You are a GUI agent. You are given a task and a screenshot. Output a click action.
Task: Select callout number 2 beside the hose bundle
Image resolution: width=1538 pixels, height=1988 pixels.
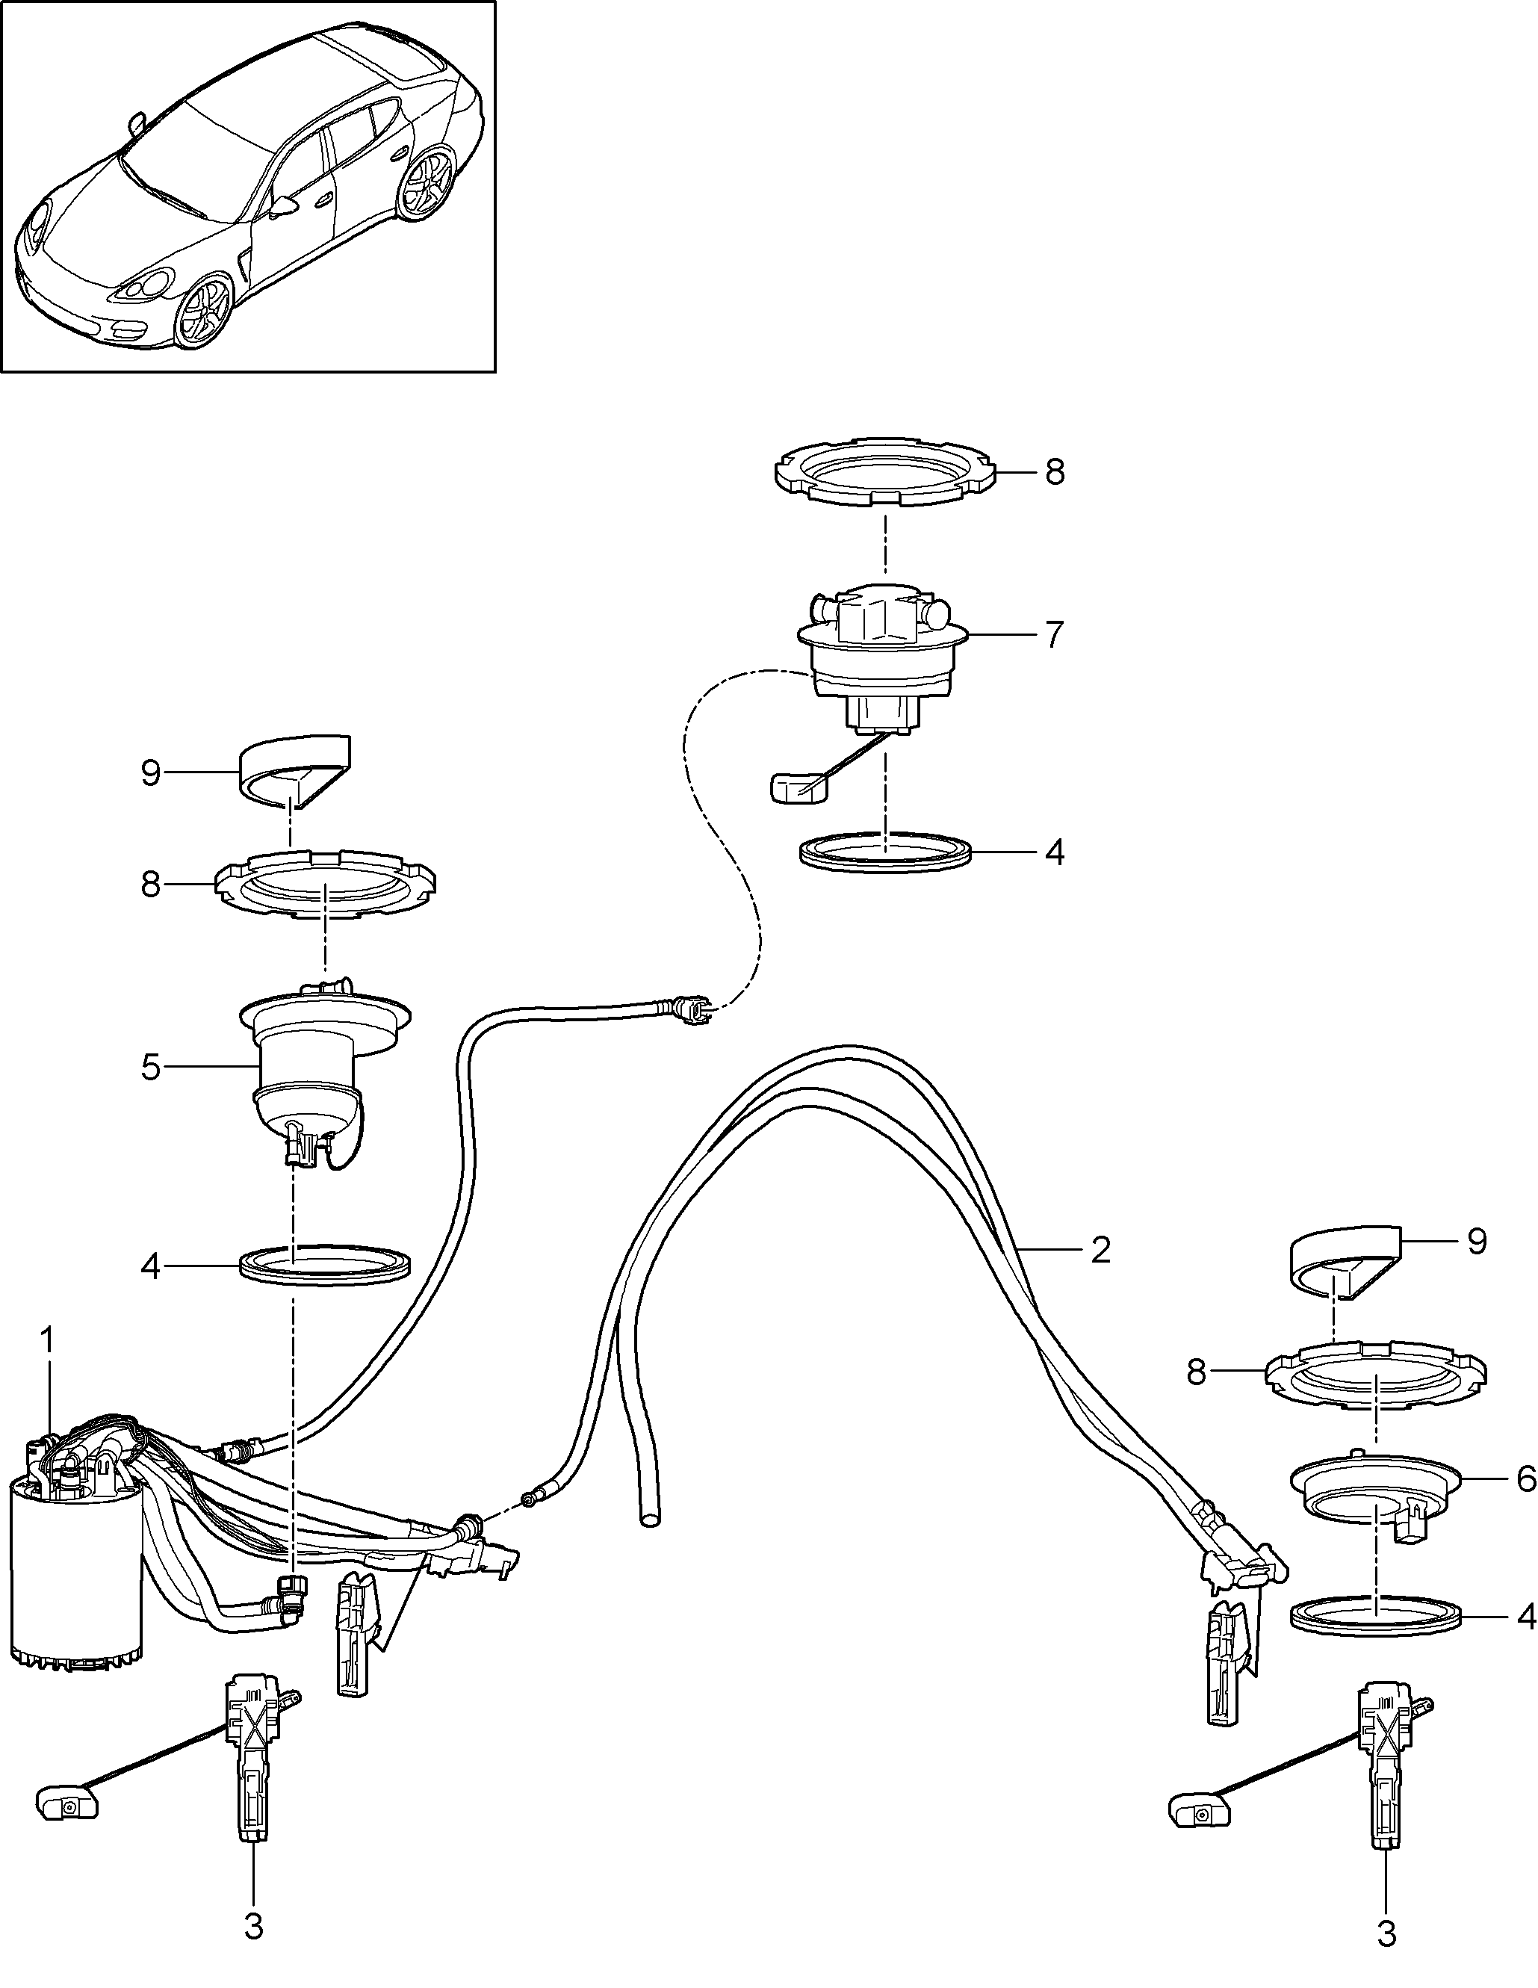1100,1251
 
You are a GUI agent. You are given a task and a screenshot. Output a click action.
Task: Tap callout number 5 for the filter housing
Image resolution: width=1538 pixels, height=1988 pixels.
151,1067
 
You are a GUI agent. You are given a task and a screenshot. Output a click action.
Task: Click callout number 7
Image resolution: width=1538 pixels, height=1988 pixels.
1054,634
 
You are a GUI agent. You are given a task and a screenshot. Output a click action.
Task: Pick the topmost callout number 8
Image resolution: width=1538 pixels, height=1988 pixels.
1054,472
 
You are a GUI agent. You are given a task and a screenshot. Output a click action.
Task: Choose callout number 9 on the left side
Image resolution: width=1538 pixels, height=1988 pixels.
151,774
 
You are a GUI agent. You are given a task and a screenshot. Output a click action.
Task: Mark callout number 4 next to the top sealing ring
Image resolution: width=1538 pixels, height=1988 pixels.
1054,853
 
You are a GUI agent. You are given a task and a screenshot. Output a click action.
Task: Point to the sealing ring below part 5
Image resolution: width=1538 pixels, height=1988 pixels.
326,1266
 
